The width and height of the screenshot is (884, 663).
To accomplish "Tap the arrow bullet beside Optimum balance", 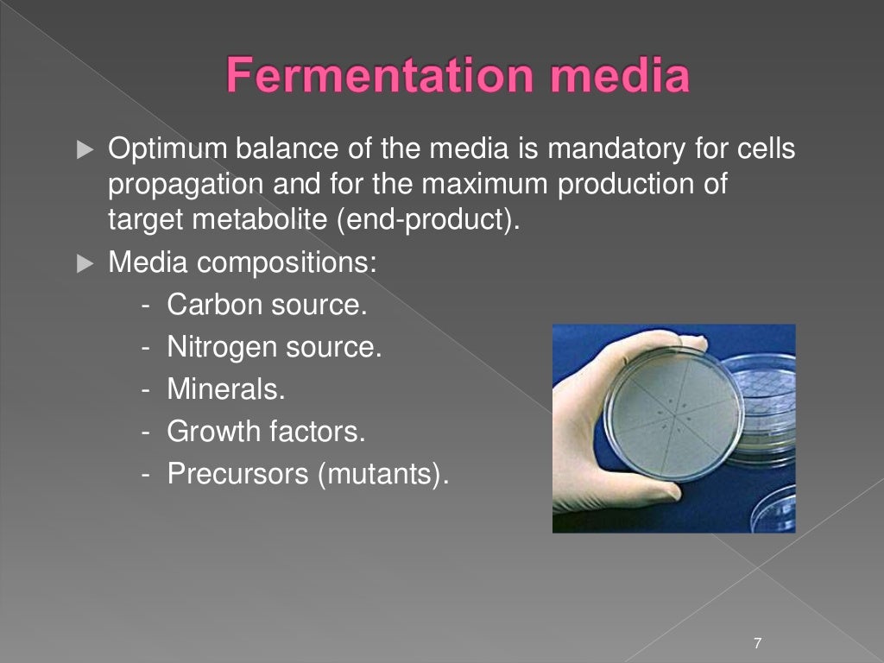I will pos(84,150).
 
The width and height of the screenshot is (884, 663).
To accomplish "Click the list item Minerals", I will pos(225,389).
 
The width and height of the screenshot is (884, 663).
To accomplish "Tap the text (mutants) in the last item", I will pos(384,473).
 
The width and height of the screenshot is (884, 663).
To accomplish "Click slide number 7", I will pos(757,643).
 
